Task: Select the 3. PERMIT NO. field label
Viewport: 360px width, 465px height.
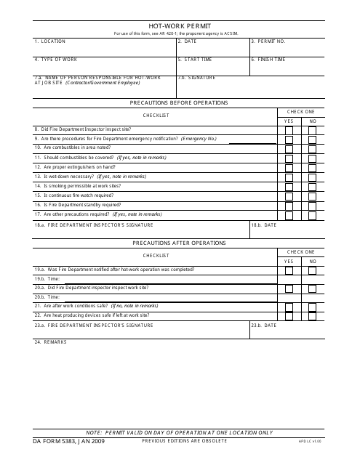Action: [268, 41]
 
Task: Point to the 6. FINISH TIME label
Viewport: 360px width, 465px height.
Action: [268, 59]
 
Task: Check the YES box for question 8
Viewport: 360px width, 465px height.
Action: [289, 129]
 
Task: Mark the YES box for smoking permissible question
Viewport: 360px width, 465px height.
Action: [289, 186]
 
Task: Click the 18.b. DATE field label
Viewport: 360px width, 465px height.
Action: [264, 226]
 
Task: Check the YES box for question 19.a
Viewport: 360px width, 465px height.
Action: [289, 270]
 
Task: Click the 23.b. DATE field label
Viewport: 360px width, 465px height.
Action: [264, 325]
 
